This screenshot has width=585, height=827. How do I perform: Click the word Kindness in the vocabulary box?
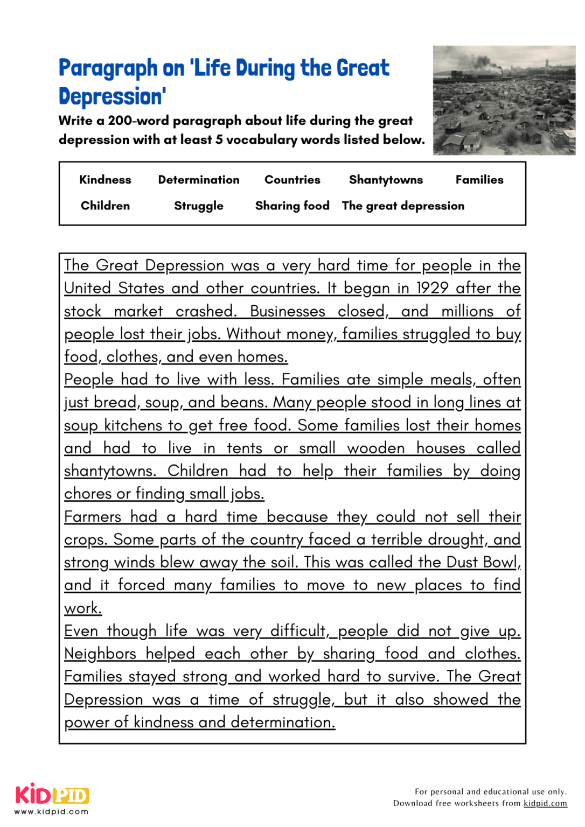pos(105,180)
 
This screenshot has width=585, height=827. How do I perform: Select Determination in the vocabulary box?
pos(198,180)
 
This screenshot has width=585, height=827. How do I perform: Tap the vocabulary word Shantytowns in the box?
pos(386,180)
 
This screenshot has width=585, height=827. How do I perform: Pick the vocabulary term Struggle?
pos(198,206)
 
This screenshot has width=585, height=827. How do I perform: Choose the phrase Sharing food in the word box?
pos(292,206)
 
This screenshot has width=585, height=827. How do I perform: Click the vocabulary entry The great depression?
pos(403,206)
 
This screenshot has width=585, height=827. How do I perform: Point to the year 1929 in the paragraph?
pos(432,288)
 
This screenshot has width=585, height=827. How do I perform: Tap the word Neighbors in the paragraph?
pos(100,654)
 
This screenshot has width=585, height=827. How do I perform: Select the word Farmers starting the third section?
pos(93,517)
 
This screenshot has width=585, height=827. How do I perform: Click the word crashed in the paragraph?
pos(206,311)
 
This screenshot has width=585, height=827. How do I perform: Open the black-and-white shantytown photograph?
pos(504,101)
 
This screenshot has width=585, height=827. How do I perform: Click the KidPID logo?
pos(52,795)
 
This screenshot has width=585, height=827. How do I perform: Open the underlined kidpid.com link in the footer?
pos(545,803)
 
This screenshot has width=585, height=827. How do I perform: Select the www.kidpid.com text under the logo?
pos(51,811)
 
